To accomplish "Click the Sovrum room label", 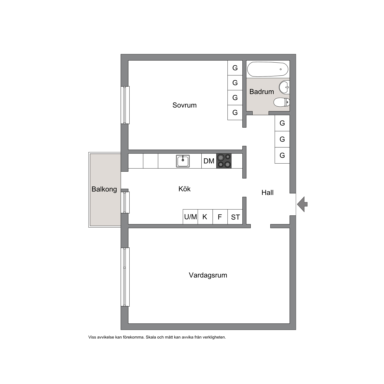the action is point(184,105).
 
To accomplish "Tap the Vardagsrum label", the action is point(208,275).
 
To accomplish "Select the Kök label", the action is point(184,189).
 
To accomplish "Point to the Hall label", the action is point(267,192).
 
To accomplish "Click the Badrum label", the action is point(262,92).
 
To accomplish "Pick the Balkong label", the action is point(104,189).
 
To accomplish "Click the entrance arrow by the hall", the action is point(302,204).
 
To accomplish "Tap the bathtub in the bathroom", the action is point(268,69).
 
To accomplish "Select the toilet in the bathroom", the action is point(282,102).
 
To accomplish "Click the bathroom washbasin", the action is point(284,87).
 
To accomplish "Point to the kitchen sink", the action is point(183,161).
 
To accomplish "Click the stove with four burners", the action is point(224,161).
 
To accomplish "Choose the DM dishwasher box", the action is point(209,161).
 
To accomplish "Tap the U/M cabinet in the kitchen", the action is point(190,217).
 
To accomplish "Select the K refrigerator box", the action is point(205,217).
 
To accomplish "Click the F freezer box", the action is point(220,217).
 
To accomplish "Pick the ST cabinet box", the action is point(235,217).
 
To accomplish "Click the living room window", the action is point(125,277).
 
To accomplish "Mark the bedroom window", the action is point(125,105).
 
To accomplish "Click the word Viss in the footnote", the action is point(92,337).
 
